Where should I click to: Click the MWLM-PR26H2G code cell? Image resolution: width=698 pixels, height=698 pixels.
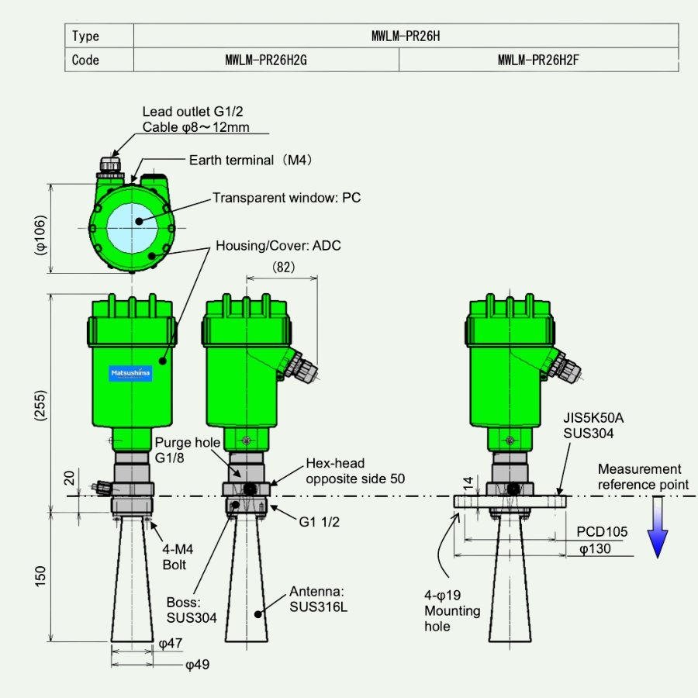tap(266, 60)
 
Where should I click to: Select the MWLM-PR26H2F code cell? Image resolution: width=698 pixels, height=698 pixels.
tap(538, 60)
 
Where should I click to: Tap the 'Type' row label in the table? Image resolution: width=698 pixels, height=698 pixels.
tap(86, 36)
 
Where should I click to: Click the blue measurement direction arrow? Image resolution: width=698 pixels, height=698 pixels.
tap(658, 527)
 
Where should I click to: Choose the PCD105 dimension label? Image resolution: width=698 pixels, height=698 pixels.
tap(601, 533)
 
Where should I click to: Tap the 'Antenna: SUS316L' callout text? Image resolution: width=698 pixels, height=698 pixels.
tap(318, 598)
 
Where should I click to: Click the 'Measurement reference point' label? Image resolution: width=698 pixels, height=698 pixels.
tap(643, 477)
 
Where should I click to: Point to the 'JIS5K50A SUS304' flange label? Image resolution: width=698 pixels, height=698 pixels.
tap(593, 425)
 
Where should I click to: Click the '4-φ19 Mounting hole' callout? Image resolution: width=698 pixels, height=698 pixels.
tap(451, 611)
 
